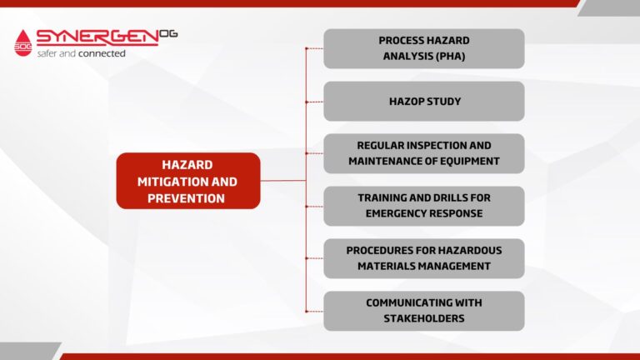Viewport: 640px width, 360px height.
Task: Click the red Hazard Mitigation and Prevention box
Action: click(188, 181)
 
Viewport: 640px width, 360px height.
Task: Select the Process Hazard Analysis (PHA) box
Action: click(424, 48)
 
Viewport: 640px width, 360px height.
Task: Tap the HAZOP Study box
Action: click(424, 101)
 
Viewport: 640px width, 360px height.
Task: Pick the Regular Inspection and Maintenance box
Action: click(424, 153)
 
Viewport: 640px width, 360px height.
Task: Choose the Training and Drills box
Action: click(424, 206)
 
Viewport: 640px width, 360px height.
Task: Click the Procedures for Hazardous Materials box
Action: click(424, 258)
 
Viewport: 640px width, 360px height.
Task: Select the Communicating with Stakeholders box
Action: click(424, 311)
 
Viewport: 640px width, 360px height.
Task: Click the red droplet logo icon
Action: click(22, 42)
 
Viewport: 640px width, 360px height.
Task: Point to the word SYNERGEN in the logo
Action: click(97, 37)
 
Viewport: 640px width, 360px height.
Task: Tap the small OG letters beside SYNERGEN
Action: click(168, 33)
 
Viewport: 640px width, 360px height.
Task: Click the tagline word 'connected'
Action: click(102, 53)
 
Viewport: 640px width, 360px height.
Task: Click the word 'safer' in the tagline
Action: click(47, 53)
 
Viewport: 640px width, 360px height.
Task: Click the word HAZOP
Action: click(406, 101)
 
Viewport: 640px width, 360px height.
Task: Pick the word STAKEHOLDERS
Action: click(424, 318)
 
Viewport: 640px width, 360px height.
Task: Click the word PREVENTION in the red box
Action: click(186, 198)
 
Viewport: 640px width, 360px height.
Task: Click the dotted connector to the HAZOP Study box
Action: click(315, 102)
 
